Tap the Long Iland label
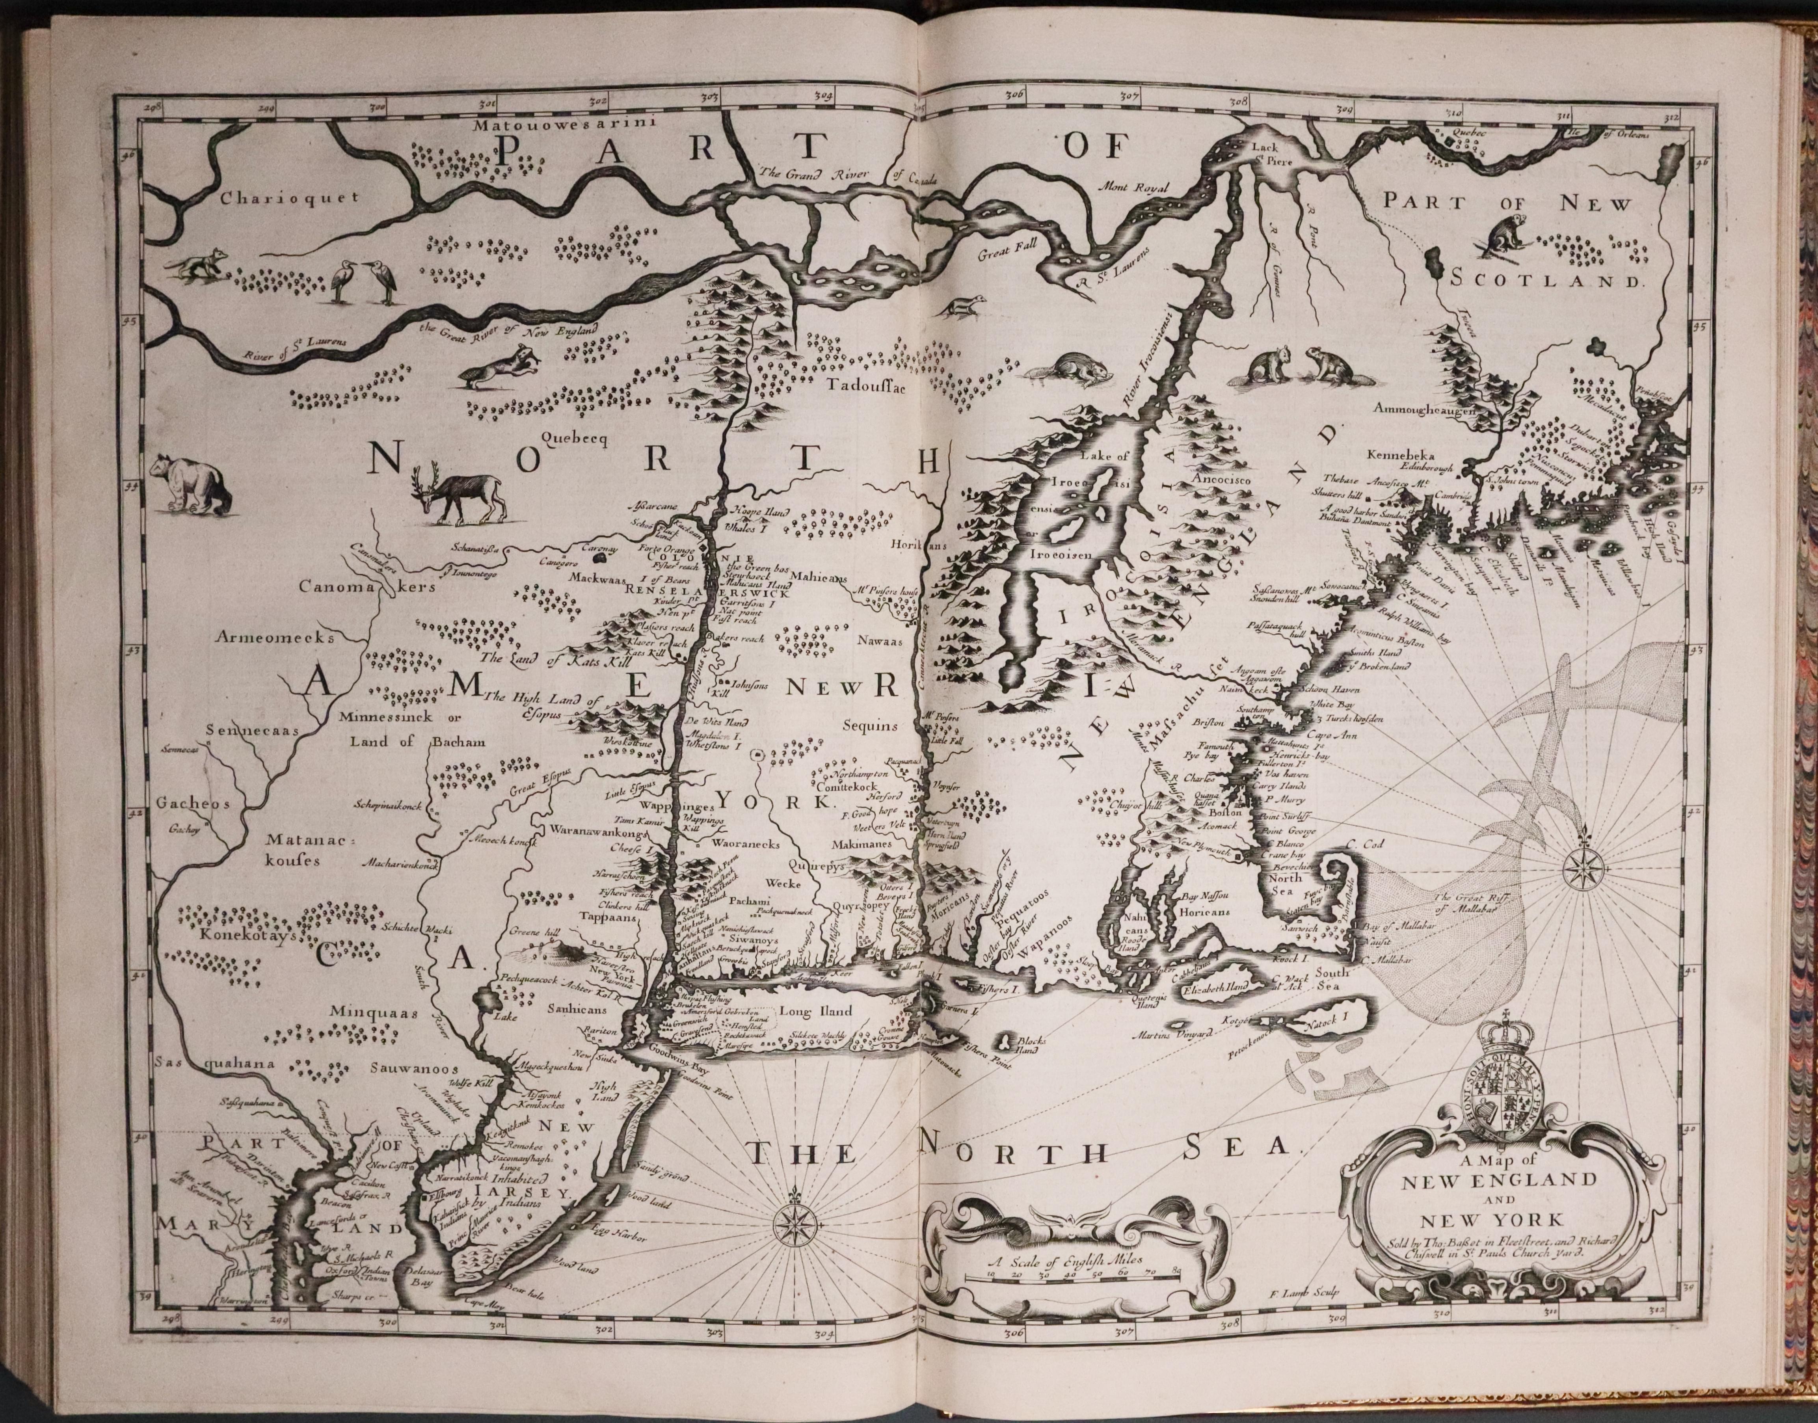817,1012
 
